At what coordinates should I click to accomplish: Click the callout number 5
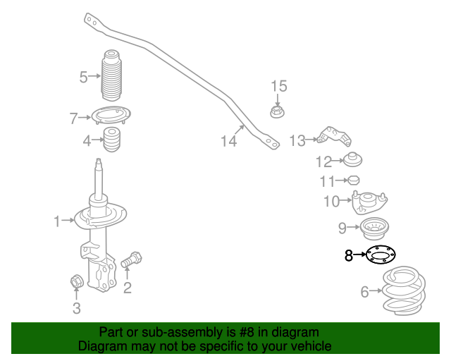click(83, 77)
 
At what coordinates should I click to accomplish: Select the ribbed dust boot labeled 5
click(111, 75)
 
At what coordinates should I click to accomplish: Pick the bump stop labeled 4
click(111, 140)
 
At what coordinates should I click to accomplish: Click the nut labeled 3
click(77, 281)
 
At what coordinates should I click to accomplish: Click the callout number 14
click(228, 141)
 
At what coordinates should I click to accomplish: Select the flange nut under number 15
click(277, 111)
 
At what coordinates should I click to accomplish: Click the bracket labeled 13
click(334, 137)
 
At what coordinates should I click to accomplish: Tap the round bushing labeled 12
click(353, 159)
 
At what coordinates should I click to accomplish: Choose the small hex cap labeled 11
click(354, 180)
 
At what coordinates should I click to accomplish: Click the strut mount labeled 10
click(369, 202)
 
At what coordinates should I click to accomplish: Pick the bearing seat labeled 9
click(374, 228)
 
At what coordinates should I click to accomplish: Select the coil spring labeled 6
click(404, 290)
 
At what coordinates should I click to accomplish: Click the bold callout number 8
click(349, 255)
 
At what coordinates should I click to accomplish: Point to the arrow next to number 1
click(68, 220)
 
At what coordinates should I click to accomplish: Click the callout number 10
click(332, 201)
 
